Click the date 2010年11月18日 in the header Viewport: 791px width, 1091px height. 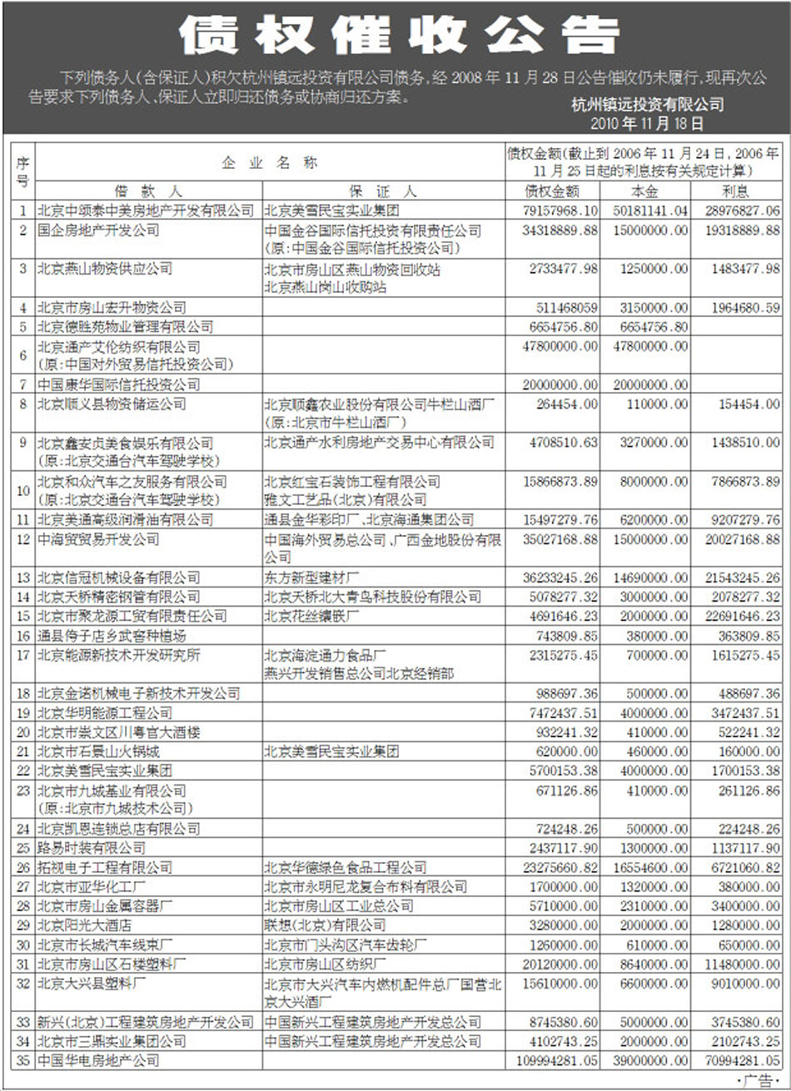point(646,123)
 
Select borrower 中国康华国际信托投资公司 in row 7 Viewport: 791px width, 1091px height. point(118,384)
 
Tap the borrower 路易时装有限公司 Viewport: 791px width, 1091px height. point(92,848)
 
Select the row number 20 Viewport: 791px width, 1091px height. point(23,732)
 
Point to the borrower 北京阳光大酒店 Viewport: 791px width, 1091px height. point(84,925)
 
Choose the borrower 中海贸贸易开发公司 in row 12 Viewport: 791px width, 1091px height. point(98,539)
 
